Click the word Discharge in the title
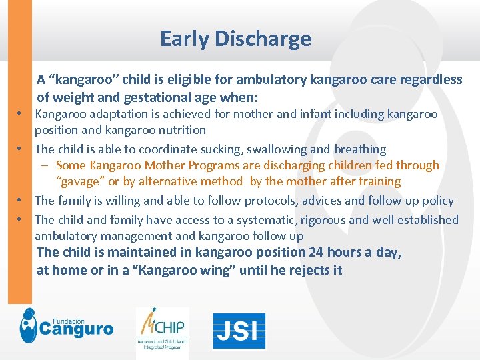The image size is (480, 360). [263, 39]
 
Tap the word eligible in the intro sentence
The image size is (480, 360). [185, 80]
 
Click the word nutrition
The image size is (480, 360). [180, 130]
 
